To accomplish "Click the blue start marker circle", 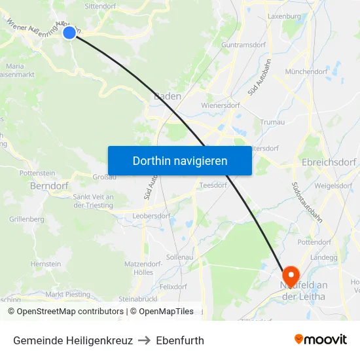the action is [x=69, y=32].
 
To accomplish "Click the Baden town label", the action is [x=168, y=96].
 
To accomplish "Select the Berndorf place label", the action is [x=49, y=186].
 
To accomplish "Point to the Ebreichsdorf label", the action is [x=328, y=162].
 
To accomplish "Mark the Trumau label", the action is [x=272, y=122].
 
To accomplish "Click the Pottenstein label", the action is [x=38, y=173].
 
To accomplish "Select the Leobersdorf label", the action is [x=151, y=215].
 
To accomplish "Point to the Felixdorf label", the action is [x=173, y=287].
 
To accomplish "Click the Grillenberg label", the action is [x=26, y=219].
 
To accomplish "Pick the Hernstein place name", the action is [x=46, y=264].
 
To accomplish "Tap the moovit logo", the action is [x=321, y=340].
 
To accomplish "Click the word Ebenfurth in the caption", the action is [x=180, y=340].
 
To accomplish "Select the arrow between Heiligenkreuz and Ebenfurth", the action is [x=145, y=340].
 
